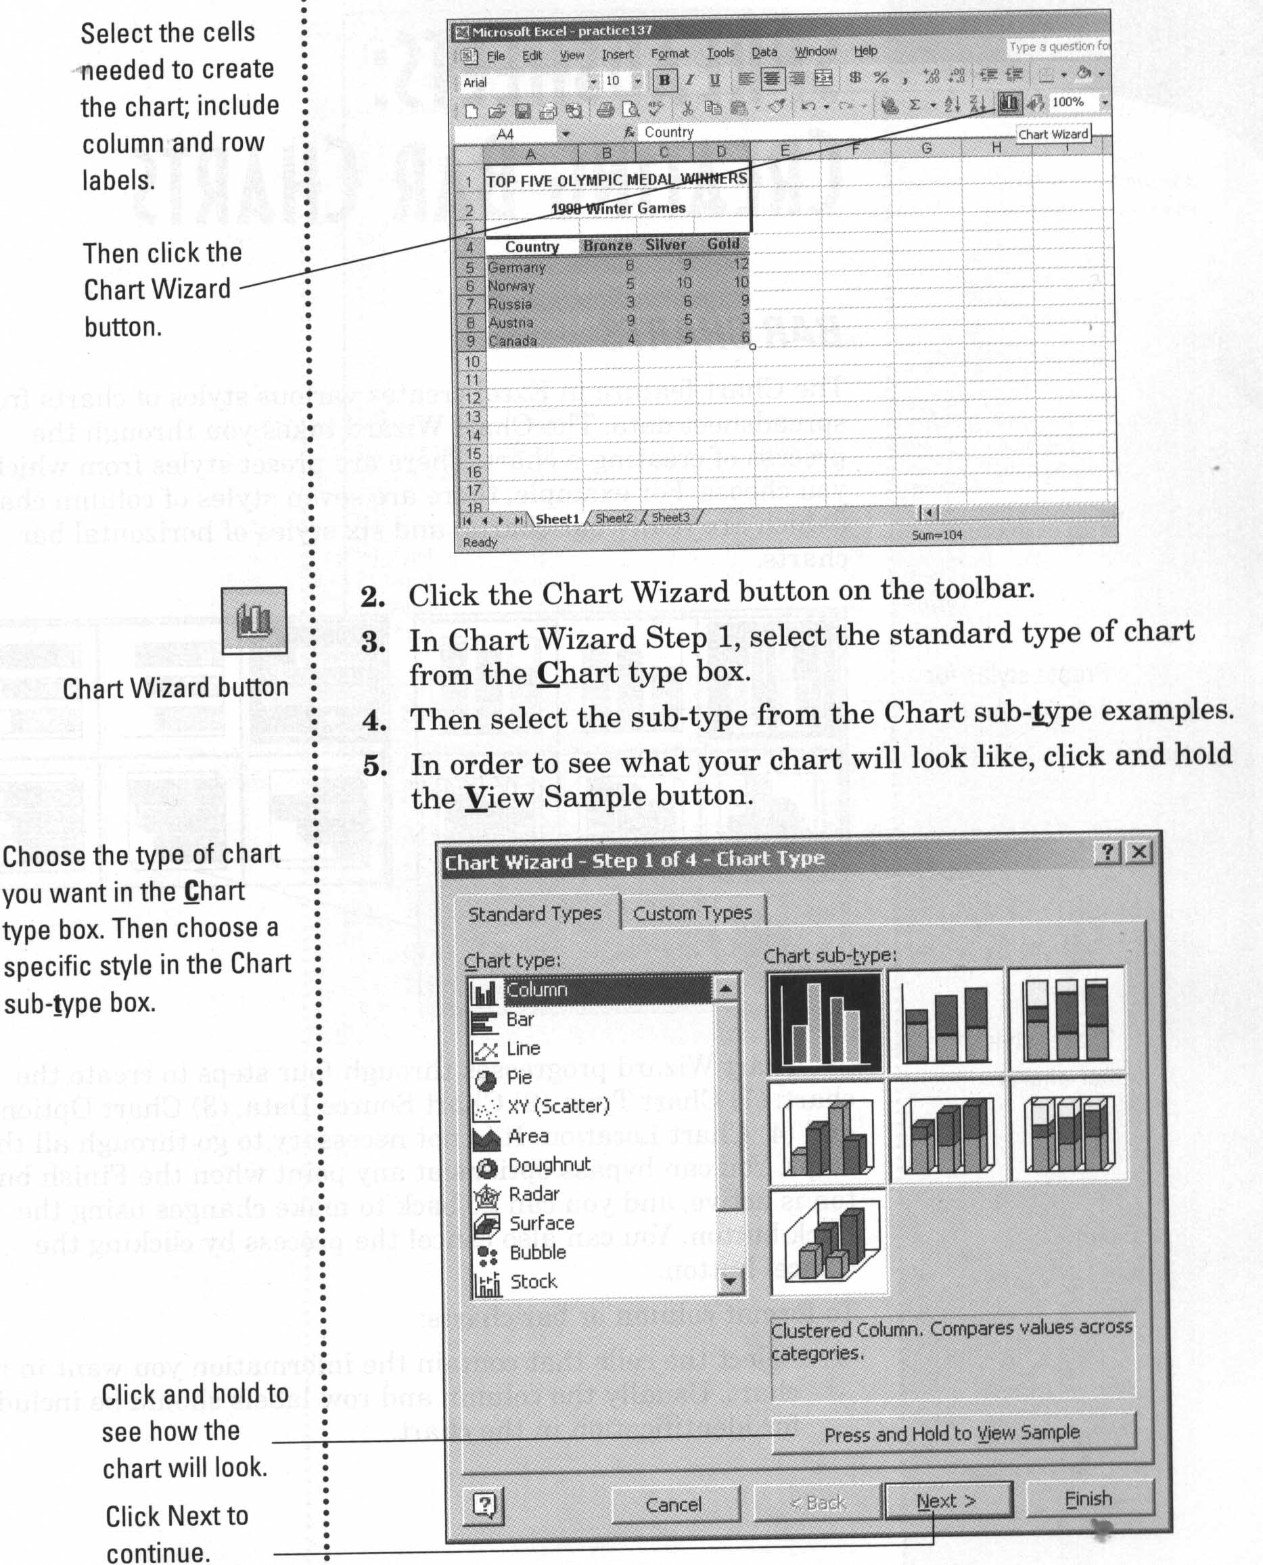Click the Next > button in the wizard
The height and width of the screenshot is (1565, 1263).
(x=947, y=1501)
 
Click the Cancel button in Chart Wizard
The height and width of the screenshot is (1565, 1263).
(x=674, y=1505)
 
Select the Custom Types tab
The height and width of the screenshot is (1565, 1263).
(x=692, y=913)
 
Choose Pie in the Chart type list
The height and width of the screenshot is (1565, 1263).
(x=520, y=1078)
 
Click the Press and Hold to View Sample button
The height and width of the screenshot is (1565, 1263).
(x=952, y=1433)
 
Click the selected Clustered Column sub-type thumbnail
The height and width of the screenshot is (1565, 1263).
(x=826, y=1023)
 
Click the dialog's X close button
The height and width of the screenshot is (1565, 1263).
(x=1139, y=852)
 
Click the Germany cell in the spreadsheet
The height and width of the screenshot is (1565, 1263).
(x=517, y=267)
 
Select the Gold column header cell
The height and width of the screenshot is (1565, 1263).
(x=722, y=244)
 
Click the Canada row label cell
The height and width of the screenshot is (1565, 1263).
(x=513, y=340)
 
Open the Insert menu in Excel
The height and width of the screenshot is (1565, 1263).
(x=617, y=55)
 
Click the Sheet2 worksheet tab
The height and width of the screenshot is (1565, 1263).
(x=614, y=518)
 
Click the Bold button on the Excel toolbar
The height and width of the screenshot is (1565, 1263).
(x=664, y=81)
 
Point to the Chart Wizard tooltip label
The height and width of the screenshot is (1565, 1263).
(x=1053, y=135)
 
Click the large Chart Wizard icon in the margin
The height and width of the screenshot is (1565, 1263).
(x=254, y=620)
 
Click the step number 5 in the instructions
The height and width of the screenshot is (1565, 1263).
(x=375, y=766)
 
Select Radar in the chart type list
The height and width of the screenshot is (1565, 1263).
(x=533, y=1194)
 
